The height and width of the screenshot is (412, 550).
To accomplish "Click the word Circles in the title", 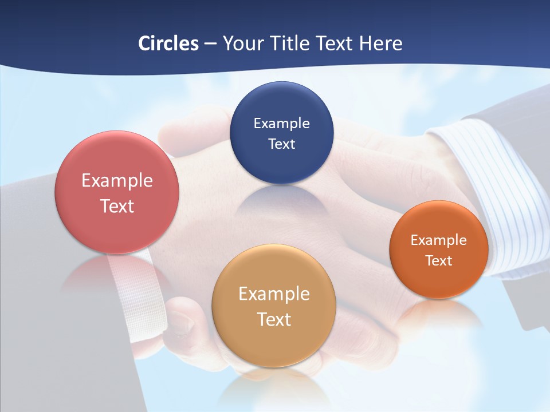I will click(x=168, y=43).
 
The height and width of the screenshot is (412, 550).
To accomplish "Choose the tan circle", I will click(x=274, y=343).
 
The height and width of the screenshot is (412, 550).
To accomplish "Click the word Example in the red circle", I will click(x=117, y=181).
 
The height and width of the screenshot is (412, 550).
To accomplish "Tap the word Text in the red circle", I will click(x=117, y=206).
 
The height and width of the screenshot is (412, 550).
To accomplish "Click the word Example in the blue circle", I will click(x=281, y=123).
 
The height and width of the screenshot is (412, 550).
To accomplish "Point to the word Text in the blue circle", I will click(x=281, y=144).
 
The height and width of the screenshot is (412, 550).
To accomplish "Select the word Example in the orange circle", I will click(x=439, y=240).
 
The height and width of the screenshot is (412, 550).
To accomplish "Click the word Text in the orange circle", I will click(x=439, y=261).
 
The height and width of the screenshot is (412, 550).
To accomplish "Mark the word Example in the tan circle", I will click(x=274, y=294).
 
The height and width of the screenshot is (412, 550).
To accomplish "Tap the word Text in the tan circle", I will click(x=274, y=319).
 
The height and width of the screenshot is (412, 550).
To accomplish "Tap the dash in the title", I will click(x=210, y=44).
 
